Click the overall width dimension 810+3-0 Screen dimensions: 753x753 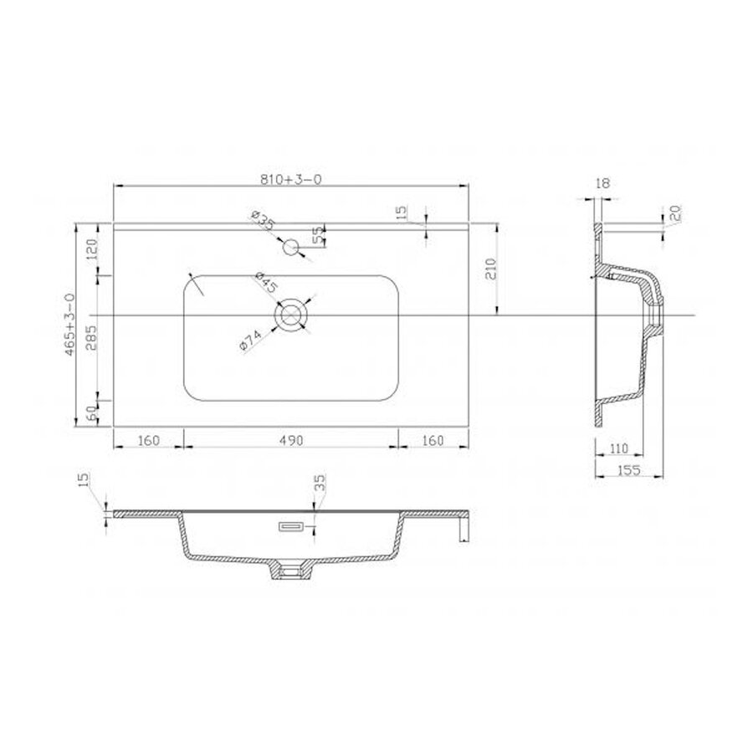pyautogui.click(x=290, y=178)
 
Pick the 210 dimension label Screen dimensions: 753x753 pyautogui.click(x=492, y=269)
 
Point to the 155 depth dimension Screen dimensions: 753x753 pyautogui.click(x=629, y=470)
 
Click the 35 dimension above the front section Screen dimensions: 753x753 pyautogui.click(x=319, y=483)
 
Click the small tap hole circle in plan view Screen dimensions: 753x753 pyautogui.click(x=291, y=247)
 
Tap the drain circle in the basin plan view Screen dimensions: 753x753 pyautogui.click(x=291, y=315)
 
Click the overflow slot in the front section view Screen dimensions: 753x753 pyautogui.click(x=290, y=525)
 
